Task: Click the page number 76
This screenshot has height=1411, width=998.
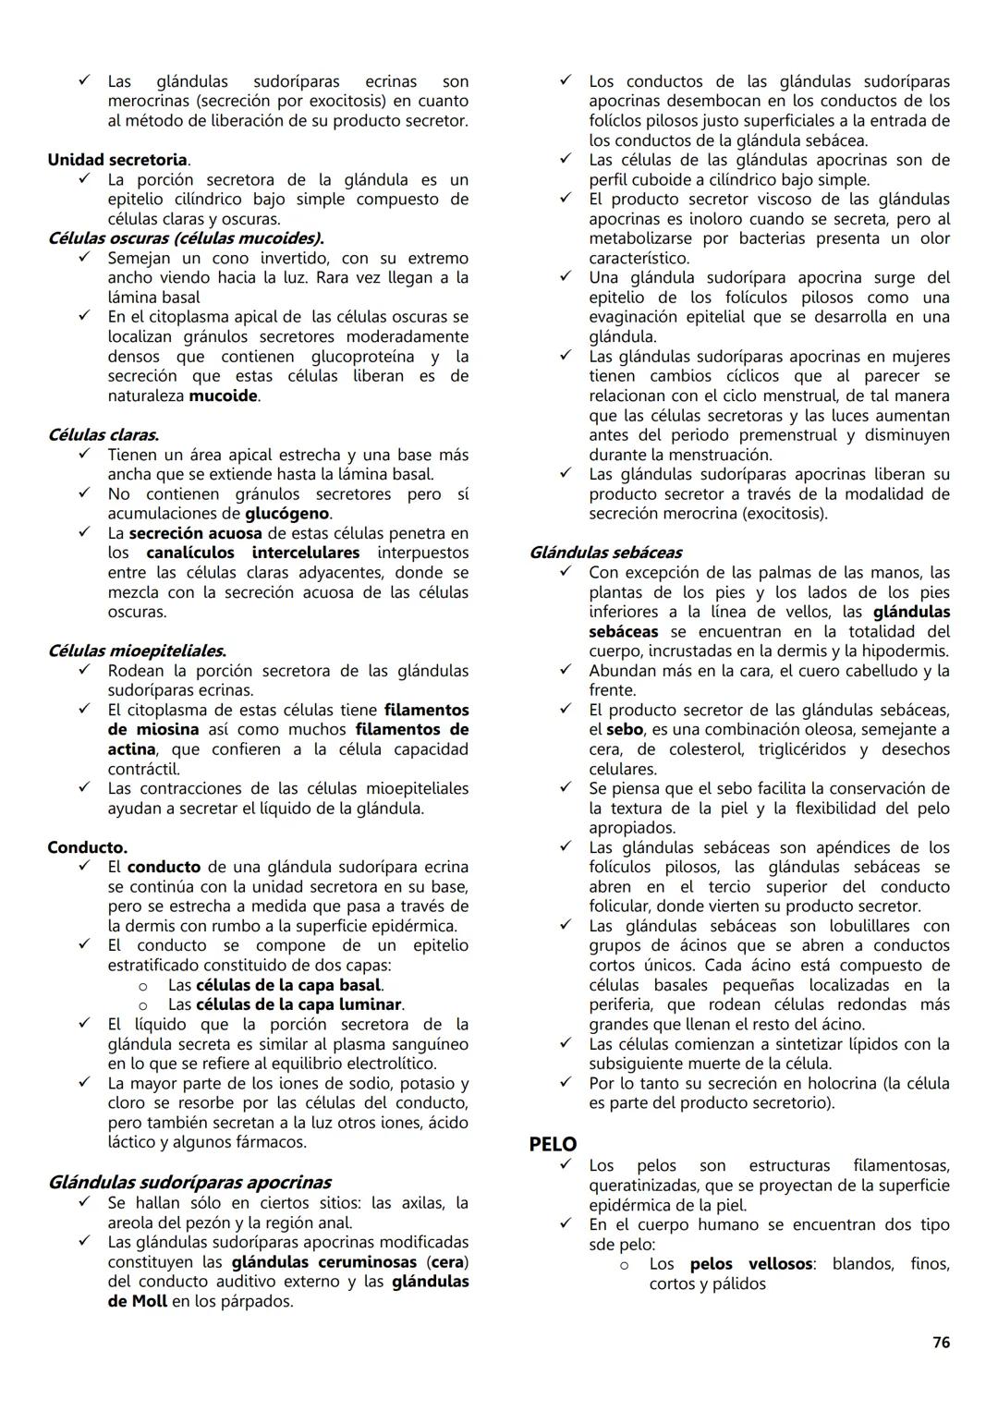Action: point(941,1343)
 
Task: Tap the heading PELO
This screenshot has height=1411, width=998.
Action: point(553,1144)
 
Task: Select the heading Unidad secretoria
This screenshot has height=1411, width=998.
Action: point(117,160)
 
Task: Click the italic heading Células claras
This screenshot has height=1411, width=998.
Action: point(103,434)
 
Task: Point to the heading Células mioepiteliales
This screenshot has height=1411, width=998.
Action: point(137,651)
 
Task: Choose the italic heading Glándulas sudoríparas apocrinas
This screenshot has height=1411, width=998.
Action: point(189,1182)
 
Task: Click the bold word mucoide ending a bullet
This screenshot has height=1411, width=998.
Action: point(223,396)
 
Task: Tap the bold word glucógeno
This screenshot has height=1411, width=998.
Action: point(287,514)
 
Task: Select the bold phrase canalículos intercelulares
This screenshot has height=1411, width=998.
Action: point(252,553)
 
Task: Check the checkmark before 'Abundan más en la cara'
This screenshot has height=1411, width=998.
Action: point(566,670)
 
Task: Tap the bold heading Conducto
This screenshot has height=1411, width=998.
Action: point(88,847)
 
